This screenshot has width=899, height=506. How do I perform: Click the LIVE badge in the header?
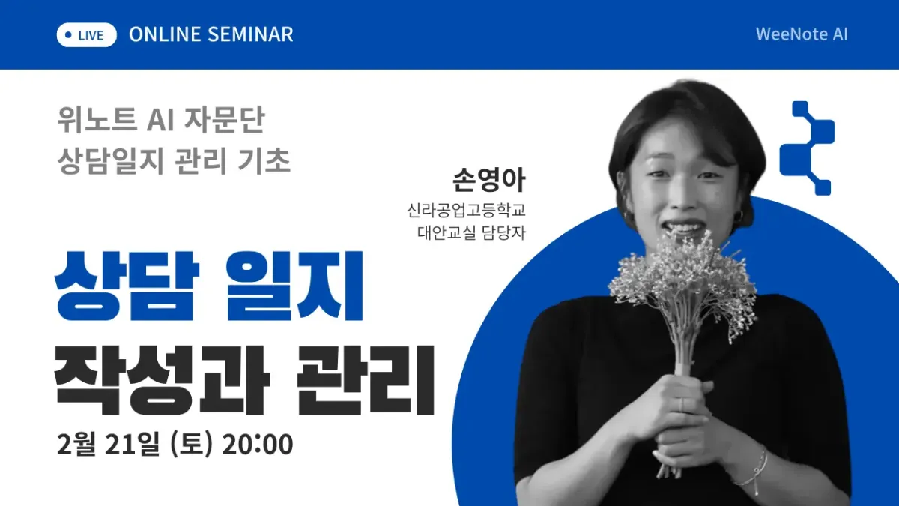click(x=87, y=34)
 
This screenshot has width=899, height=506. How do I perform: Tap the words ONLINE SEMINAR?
click(x=211, y=34)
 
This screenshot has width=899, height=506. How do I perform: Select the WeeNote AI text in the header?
click(x=802, y=34)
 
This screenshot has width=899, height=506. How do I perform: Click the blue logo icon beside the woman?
click(x=807, y=148)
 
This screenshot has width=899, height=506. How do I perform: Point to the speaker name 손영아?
click(x=490, y=181)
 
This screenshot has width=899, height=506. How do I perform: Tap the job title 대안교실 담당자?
click(x=471, y=232)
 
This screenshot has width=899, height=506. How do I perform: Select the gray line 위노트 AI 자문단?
click(x=162, y=119)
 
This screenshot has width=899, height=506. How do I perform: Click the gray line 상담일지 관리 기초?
click(x=174, y=161)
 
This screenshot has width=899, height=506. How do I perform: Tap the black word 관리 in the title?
click(x=365, y=380)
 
